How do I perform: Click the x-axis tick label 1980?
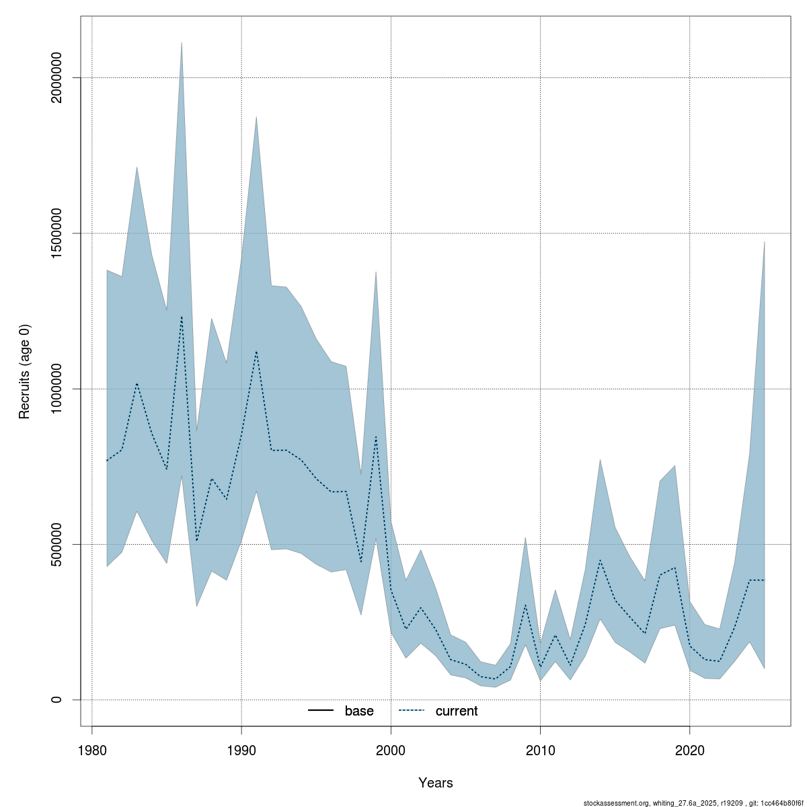point(91,751)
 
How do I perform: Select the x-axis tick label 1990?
point(241,751)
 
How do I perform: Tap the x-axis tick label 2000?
point(391,751)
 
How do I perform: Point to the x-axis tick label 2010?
point(540,751)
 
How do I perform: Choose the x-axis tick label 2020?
point(689,751)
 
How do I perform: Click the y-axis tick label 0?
point(56,699)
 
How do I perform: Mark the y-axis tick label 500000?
point(56,544)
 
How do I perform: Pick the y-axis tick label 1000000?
point(56,389)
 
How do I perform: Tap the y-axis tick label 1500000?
point(56,233)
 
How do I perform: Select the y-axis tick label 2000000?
point(56,78)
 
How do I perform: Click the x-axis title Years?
point(435,783)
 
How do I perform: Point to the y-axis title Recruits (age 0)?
point(25,371)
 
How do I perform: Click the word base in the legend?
point(359,711)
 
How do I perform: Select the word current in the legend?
point(457,711)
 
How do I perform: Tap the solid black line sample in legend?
point(321,711)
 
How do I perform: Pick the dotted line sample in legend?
point(412,711)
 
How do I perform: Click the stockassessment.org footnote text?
point(693,802)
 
